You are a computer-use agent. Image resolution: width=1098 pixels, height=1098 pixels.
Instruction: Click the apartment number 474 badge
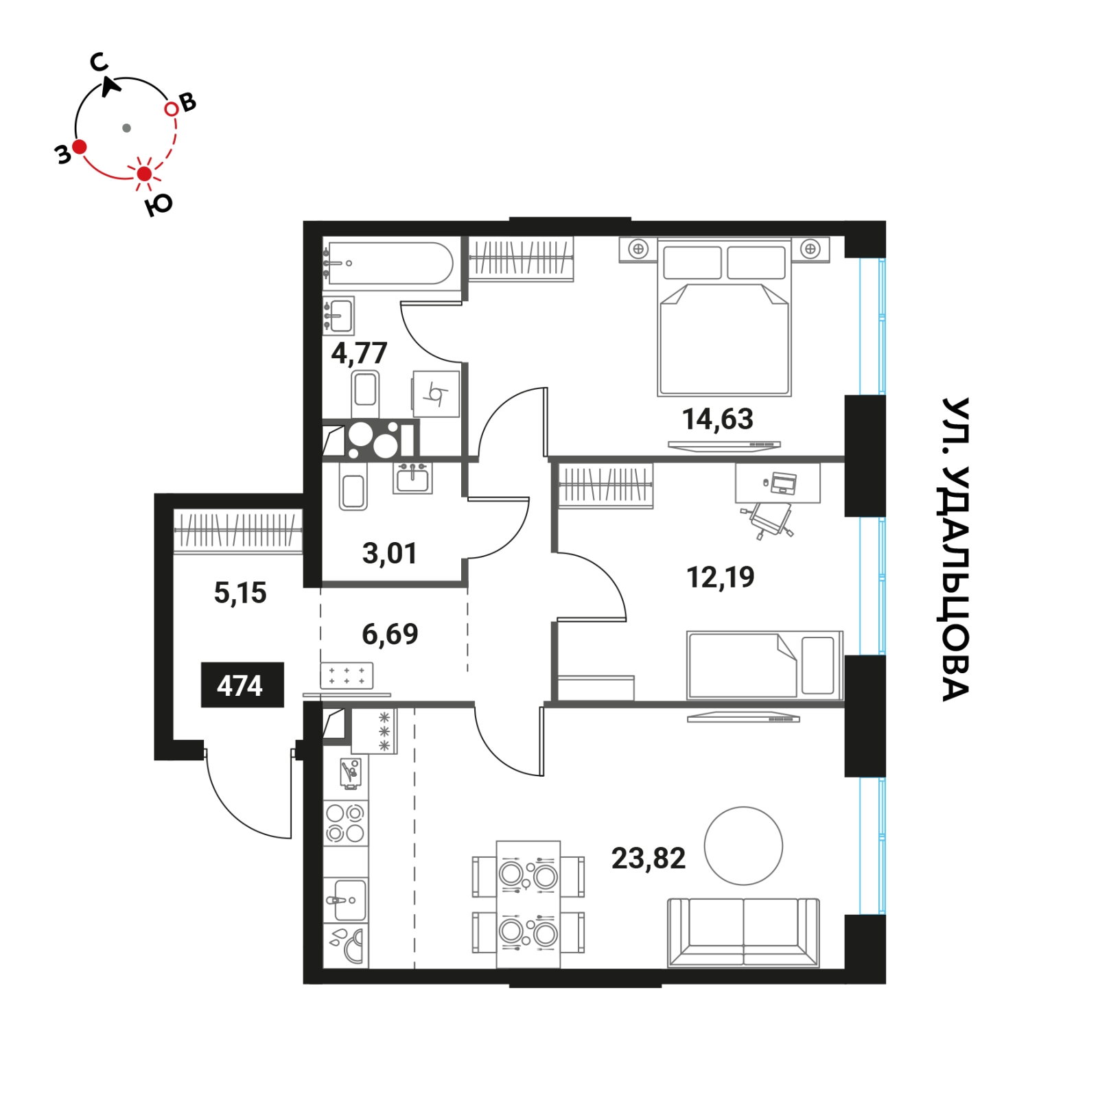tap(242, 685)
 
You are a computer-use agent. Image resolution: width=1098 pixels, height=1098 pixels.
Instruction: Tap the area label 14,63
tap(717, 419)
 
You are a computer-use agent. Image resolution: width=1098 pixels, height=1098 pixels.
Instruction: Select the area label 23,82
tap(648, 858)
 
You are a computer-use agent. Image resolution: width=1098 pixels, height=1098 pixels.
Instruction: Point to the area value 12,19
tap(720, 577)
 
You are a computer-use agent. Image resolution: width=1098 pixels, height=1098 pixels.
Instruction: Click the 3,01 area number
tap(389, 553)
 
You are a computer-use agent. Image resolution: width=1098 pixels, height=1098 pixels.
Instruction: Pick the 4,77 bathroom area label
tap(359, 353)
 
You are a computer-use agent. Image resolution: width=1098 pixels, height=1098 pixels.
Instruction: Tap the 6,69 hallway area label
tap(390, 634)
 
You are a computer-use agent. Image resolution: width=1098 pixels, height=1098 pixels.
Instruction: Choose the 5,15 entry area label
tap(240, 593)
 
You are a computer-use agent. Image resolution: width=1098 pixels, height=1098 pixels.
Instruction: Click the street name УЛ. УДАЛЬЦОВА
tap(955, 549)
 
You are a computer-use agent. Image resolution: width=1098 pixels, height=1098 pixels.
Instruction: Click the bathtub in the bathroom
tap(389, 263)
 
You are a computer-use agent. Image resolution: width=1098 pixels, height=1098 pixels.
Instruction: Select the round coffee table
tap(743, 845)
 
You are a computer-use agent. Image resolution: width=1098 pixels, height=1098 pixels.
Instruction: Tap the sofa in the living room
tap(743, 932)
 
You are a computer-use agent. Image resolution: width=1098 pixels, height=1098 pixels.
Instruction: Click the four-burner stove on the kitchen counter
tap(345, 823)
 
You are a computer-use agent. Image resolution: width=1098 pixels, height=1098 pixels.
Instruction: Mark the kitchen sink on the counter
tap(347, 900)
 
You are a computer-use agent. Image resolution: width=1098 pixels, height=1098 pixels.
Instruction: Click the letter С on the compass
tap(100, 62)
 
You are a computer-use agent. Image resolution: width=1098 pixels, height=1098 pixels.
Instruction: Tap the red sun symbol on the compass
tap(144, 174)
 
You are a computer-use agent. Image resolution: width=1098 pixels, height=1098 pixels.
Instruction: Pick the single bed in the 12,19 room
tap(764, 665)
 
